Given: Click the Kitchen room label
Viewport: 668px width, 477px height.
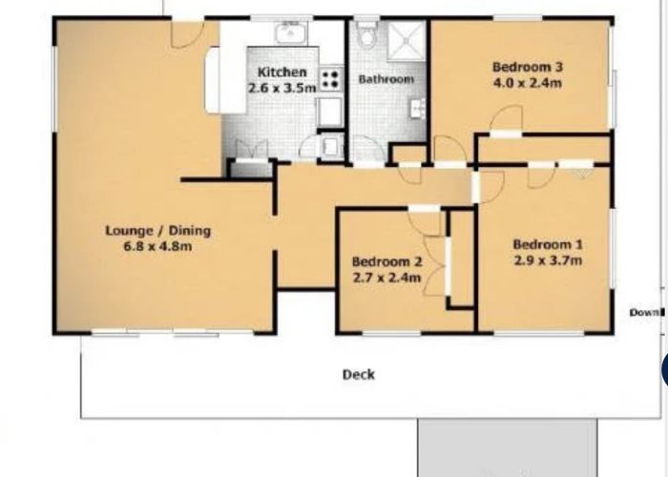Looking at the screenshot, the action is point(282,72).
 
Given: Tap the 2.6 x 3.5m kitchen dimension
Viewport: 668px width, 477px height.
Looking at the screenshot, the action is point(282,88).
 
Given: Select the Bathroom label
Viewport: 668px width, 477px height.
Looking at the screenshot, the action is point(386,79).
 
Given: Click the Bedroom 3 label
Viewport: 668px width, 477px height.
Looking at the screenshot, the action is point(528,67).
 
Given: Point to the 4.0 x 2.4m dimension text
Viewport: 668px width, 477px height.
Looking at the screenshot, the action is point(528,83).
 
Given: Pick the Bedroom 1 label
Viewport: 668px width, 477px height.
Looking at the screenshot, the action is point(548,244).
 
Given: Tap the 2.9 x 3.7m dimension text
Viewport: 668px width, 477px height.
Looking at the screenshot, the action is point(548,259).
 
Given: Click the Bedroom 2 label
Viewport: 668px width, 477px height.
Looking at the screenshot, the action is point(386,261).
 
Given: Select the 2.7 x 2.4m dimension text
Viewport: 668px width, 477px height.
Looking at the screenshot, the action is point(386,278).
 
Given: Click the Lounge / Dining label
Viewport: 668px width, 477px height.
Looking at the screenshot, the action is point(158,231).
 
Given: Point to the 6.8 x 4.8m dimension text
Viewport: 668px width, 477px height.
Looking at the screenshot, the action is point(158,246).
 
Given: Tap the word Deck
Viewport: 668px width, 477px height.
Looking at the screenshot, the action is point(359,375).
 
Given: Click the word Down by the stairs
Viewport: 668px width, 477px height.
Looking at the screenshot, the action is point(646,313).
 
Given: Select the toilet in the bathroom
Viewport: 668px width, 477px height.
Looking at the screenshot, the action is point(366,33).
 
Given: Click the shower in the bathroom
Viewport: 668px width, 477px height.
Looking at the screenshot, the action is point(407,40).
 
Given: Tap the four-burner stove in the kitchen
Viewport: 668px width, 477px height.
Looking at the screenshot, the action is point(330,79).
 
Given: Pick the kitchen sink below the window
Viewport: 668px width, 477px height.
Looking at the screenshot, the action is point(291,32).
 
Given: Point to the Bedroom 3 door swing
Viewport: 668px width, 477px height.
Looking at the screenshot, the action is point(506,118).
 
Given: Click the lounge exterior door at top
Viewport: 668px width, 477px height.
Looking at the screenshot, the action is point(187,33).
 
